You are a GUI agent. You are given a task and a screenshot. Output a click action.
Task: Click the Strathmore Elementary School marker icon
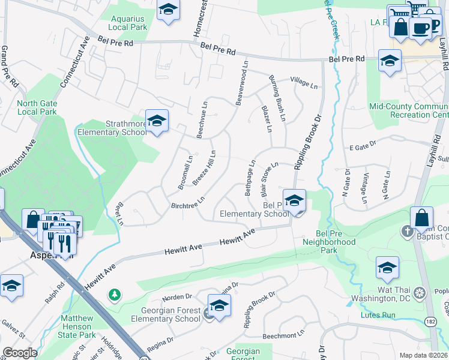click(x=157, y=121)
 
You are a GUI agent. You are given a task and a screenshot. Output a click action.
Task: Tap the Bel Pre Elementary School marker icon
click(x=294, y=202)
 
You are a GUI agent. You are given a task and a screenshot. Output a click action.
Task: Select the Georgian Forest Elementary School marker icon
click(x=219, y=306)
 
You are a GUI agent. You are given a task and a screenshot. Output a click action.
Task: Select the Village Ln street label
click(x=303, y=80)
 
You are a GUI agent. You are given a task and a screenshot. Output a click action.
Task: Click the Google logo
click(x=20, y=353)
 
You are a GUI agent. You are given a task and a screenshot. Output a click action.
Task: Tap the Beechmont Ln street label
click(x=285, y=332)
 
